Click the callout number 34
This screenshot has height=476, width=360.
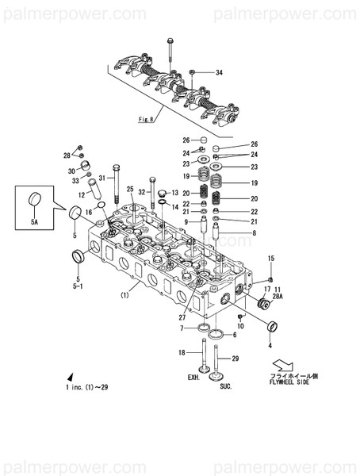pyautogui.click(x=219, y=73)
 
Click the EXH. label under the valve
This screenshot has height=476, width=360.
pyautogui.click(x=194, y=378)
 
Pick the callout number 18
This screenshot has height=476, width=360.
pyautogui.click(x=181, y=352)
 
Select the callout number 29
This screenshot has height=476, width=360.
pyautogui.click(x=235, y=359)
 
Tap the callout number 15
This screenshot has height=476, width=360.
pyautogui.click(x=270, y=259)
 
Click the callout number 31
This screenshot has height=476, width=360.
pyautogui.click(x=102, y=178)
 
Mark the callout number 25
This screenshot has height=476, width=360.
pyautogui.click(x=130, y=190)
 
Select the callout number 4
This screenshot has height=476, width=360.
pyautogui.click(x=270, y=346)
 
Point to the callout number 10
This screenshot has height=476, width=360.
pyautogui.click(x=241, y=325)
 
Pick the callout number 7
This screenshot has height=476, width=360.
pyautogui.click(x=182, y=328)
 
